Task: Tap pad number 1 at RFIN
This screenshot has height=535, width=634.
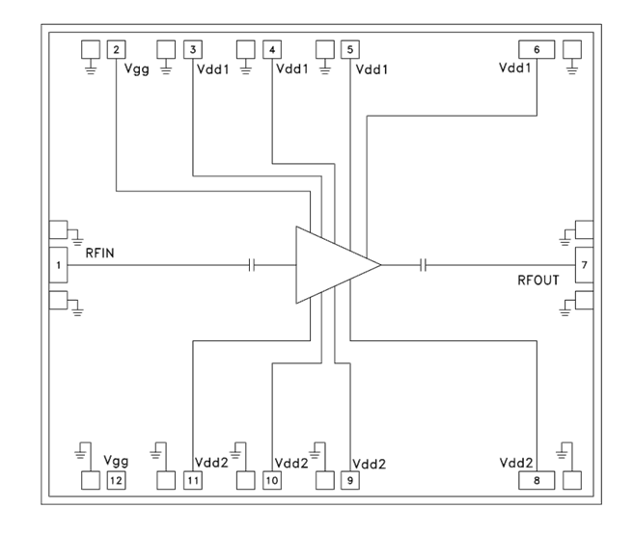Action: (58, 264)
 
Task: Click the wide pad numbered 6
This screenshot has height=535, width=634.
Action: (536, 49)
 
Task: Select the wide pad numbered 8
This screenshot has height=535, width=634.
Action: (536, 479)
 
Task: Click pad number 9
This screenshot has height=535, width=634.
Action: (349, 479)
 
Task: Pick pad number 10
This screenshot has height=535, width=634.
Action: (272, 479)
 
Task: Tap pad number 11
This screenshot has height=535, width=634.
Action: (194, 479)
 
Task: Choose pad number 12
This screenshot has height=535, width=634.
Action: (116, 479)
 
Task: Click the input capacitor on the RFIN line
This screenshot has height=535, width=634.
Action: (252, 264)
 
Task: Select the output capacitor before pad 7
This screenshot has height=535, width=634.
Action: (424, 264)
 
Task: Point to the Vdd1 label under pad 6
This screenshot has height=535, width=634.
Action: (517, 69)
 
